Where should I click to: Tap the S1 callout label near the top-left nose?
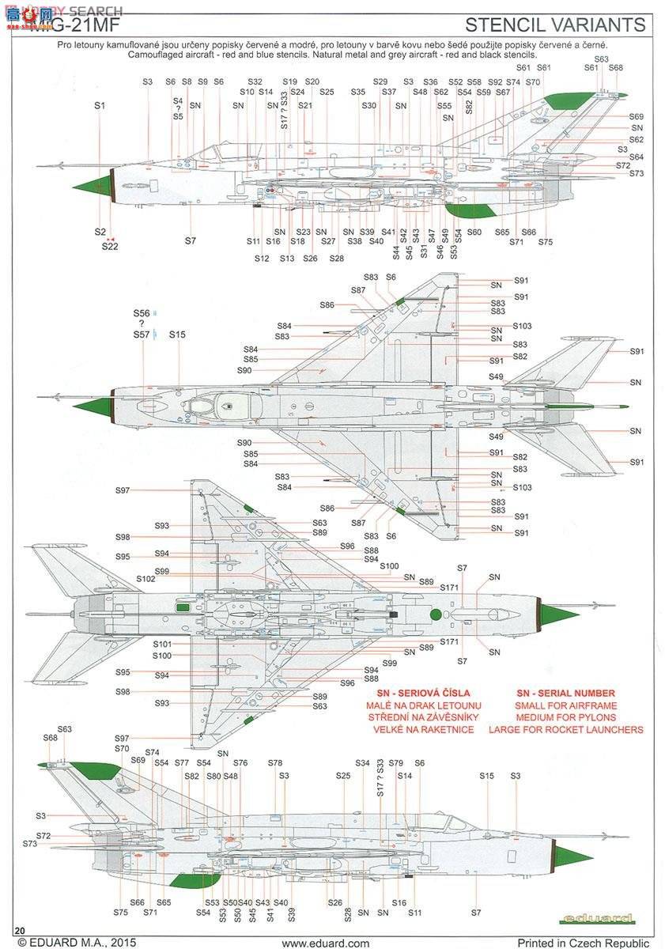(99, 105)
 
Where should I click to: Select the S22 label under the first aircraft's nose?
(110, 246)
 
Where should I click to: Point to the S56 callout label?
(142, 313)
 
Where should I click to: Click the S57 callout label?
(142, 335)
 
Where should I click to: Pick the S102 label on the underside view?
(145, 579)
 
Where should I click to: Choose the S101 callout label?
(162, 644)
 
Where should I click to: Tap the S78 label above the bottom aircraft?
(274, 763)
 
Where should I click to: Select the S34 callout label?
(362, 763)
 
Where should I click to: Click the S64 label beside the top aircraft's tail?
(637, 157)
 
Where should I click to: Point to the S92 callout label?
(495, 82)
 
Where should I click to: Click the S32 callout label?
(255, 82)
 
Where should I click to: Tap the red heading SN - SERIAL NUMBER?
(565, 694)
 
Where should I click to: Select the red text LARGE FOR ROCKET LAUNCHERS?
(565, 730)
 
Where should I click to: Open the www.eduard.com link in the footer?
(325, 943)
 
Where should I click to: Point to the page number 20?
(21, 930)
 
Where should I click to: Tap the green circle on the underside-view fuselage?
(434, 614)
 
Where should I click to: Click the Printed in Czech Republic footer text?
(584, 943)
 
